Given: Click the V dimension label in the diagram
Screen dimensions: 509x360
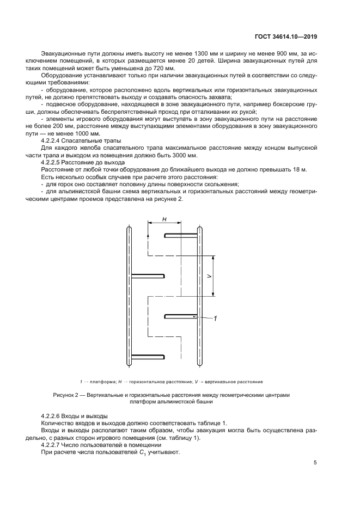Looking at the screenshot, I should pos(209,276).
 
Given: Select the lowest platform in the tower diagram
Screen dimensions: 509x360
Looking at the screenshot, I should pos(147,357).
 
